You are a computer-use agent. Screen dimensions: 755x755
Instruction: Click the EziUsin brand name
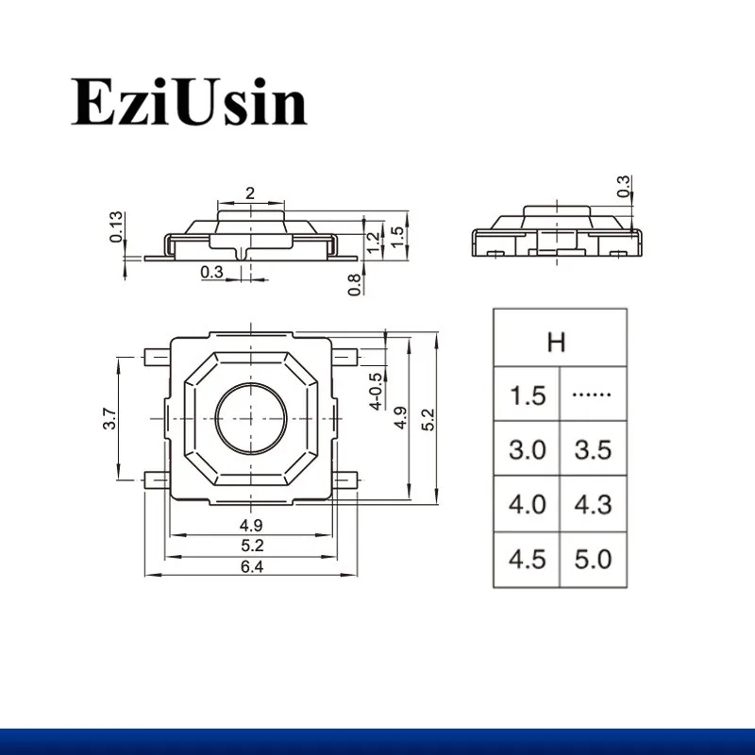point(189,102)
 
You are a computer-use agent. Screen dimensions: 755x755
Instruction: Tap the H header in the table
point(556,342)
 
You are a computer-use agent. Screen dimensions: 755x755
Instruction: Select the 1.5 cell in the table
point(528,395)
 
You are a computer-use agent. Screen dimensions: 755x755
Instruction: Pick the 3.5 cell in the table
point(594,450)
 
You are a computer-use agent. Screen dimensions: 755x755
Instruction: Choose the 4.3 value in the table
point(594,504)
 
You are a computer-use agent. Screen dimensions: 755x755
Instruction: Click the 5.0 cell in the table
point(594,559)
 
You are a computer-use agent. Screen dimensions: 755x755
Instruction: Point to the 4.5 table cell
point(528,559)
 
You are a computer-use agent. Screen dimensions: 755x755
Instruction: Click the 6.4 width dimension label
point(252,567)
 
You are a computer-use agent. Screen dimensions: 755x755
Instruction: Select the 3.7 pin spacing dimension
point(109,418)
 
